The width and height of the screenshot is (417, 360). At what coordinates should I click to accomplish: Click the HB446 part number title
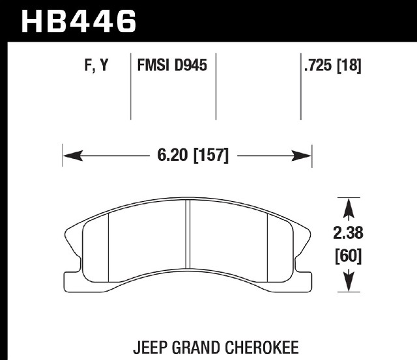click(79, 21)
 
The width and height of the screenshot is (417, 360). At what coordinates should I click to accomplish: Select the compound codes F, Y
click(96, 65)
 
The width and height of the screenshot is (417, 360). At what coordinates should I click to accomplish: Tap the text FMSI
click(153, 65)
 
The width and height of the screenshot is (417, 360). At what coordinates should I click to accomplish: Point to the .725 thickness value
click(319, 65)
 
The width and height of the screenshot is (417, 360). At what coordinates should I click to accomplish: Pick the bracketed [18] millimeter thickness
click(349, 66)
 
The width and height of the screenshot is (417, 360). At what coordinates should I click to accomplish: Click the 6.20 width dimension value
click(172, 155)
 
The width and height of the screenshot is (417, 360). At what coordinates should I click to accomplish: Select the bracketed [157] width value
click(211, 156)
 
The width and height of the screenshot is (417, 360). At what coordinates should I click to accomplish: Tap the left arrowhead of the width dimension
click(72, 156)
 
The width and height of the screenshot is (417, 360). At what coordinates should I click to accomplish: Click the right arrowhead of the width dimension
click(302, 156)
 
